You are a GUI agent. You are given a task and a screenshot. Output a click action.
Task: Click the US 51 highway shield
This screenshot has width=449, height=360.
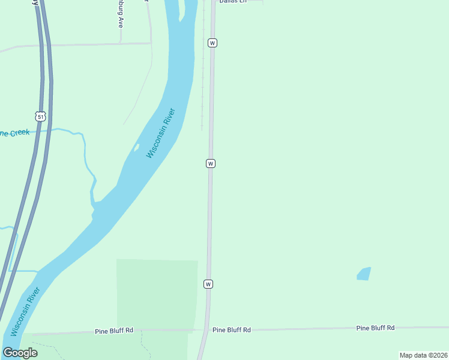click(40, 116)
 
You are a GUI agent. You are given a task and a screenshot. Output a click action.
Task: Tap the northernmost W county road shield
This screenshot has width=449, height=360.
click(212, 43)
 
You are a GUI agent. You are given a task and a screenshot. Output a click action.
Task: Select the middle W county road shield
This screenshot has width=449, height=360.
click(211, 163)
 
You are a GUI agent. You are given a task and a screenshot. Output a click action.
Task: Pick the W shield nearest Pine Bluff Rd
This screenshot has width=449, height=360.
click(208, 284)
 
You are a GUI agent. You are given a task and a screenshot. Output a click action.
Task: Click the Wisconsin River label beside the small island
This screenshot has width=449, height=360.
click(161, 133)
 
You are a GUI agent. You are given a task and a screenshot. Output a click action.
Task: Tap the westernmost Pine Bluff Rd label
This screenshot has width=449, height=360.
click(113, 331)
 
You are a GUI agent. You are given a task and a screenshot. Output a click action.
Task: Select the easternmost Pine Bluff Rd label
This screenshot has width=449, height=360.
click(375, 328)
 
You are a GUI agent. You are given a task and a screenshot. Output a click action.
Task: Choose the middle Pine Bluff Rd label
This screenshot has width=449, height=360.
click(231, 330)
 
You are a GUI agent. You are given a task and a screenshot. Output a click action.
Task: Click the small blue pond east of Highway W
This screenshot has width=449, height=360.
click(364, 274)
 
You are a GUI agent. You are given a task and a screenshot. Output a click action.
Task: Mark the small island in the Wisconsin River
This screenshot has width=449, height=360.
click(136, 148)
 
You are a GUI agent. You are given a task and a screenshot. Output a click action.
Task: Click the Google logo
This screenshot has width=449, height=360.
click(20, 353)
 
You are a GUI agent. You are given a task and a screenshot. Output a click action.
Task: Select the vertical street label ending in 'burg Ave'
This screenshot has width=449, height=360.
click(120, 15)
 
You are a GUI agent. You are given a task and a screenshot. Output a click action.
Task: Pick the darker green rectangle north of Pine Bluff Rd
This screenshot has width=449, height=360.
click(157, 294)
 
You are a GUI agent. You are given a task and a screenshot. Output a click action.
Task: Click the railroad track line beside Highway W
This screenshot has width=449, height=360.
click(202, 90)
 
